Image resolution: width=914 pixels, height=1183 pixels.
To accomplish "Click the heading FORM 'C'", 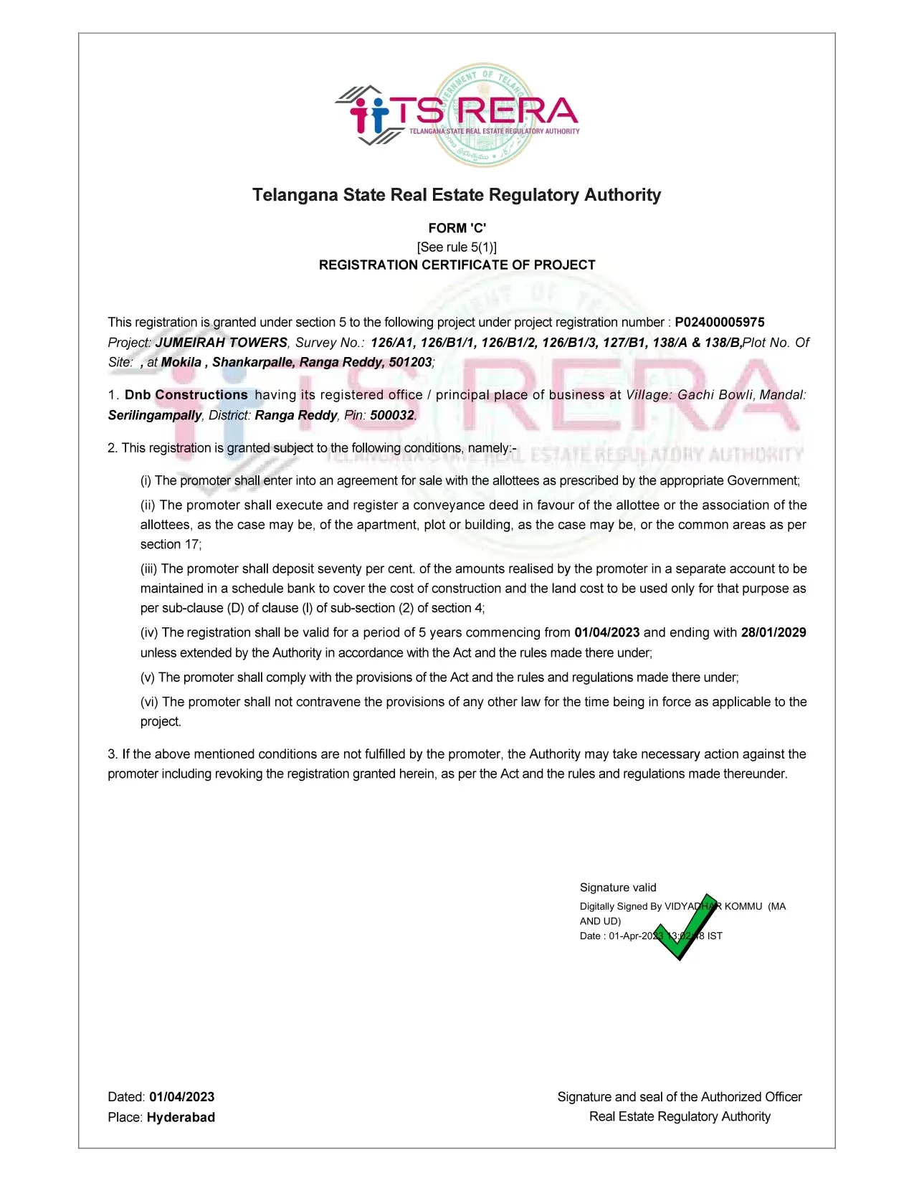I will pyautogui.click(x=457, y=228).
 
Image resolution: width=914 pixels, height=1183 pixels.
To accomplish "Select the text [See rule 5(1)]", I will pyautogui.click(x=457, y=247).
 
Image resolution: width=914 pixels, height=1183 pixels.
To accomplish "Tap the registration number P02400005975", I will pyautogui.click(x=720, y=323).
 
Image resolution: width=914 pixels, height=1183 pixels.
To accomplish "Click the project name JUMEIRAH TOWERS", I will pyautogui.click(x=222, y=343).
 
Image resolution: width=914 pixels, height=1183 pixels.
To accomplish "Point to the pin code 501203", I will pyautogui.click(x=410, y=362).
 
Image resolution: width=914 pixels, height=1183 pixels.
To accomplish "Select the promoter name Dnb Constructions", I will pyautogui.click(x=186, y=395).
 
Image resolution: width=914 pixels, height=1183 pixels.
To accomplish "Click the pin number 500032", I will pyautogui.click(x=392, y=415).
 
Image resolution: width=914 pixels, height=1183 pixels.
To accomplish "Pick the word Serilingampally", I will pyautogui.click(x=155, y=415).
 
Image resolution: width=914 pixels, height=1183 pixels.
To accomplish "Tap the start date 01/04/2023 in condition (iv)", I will pyautogui.click(x=607, y=632).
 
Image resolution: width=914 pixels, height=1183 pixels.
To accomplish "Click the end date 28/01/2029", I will pyautogui.click(x=773, y=632).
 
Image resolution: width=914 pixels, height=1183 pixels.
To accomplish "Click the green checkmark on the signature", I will pyautogui.click(x=685, y=927).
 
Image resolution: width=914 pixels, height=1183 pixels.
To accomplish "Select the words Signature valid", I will pyautogui.click(x=618, y=888).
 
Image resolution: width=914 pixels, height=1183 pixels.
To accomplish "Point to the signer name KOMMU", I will pyautogui.click(x=743, y=906).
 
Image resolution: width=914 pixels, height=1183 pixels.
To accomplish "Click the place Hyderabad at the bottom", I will pyautogui.click(x=181, y=1117).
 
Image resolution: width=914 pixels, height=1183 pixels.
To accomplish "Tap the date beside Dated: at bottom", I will pyautogui.click(x=182, y=1097).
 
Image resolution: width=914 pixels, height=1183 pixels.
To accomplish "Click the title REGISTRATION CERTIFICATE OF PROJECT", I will pyautogui.click(x=457, y=265).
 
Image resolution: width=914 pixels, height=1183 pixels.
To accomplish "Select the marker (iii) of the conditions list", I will pyautogui.click(x=148, y=569).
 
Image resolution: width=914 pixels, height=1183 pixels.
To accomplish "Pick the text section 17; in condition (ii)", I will pyautogui.click(x=171, y=544).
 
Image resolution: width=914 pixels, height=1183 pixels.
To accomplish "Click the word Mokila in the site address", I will pyautogui.click(x=181, y=362).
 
